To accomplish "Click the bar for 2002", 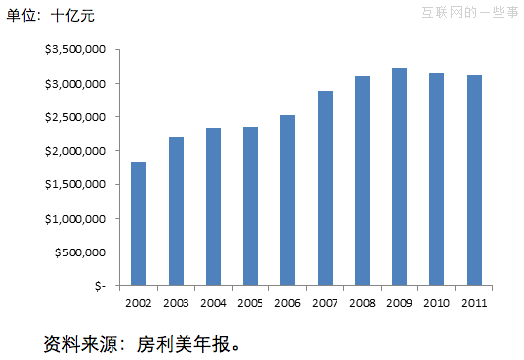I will point(138,224).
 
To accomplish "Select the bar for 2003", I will point(176,211).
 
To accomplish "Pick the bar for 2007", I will point(325,188).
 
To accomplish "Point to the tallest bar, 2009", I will point(399,177).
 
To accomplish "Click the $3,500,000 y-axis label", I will point(76,49).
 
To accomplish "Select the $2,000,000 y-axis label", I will point(76,151).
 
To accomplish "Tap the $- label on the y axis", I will point(100,286).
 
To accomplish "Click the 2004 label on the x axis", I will point(213,302).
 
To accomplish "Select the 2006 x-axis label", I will point(287,302).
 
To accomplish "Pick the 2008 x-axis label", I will point(361,302).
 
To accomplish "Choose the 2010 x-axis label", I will point(436,302).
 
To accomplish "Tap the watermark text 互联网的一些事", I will point(470,13).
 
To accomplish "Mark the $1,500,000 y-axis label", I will point(76,184).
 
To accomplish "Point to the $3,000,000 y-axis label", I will point(76,83).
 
